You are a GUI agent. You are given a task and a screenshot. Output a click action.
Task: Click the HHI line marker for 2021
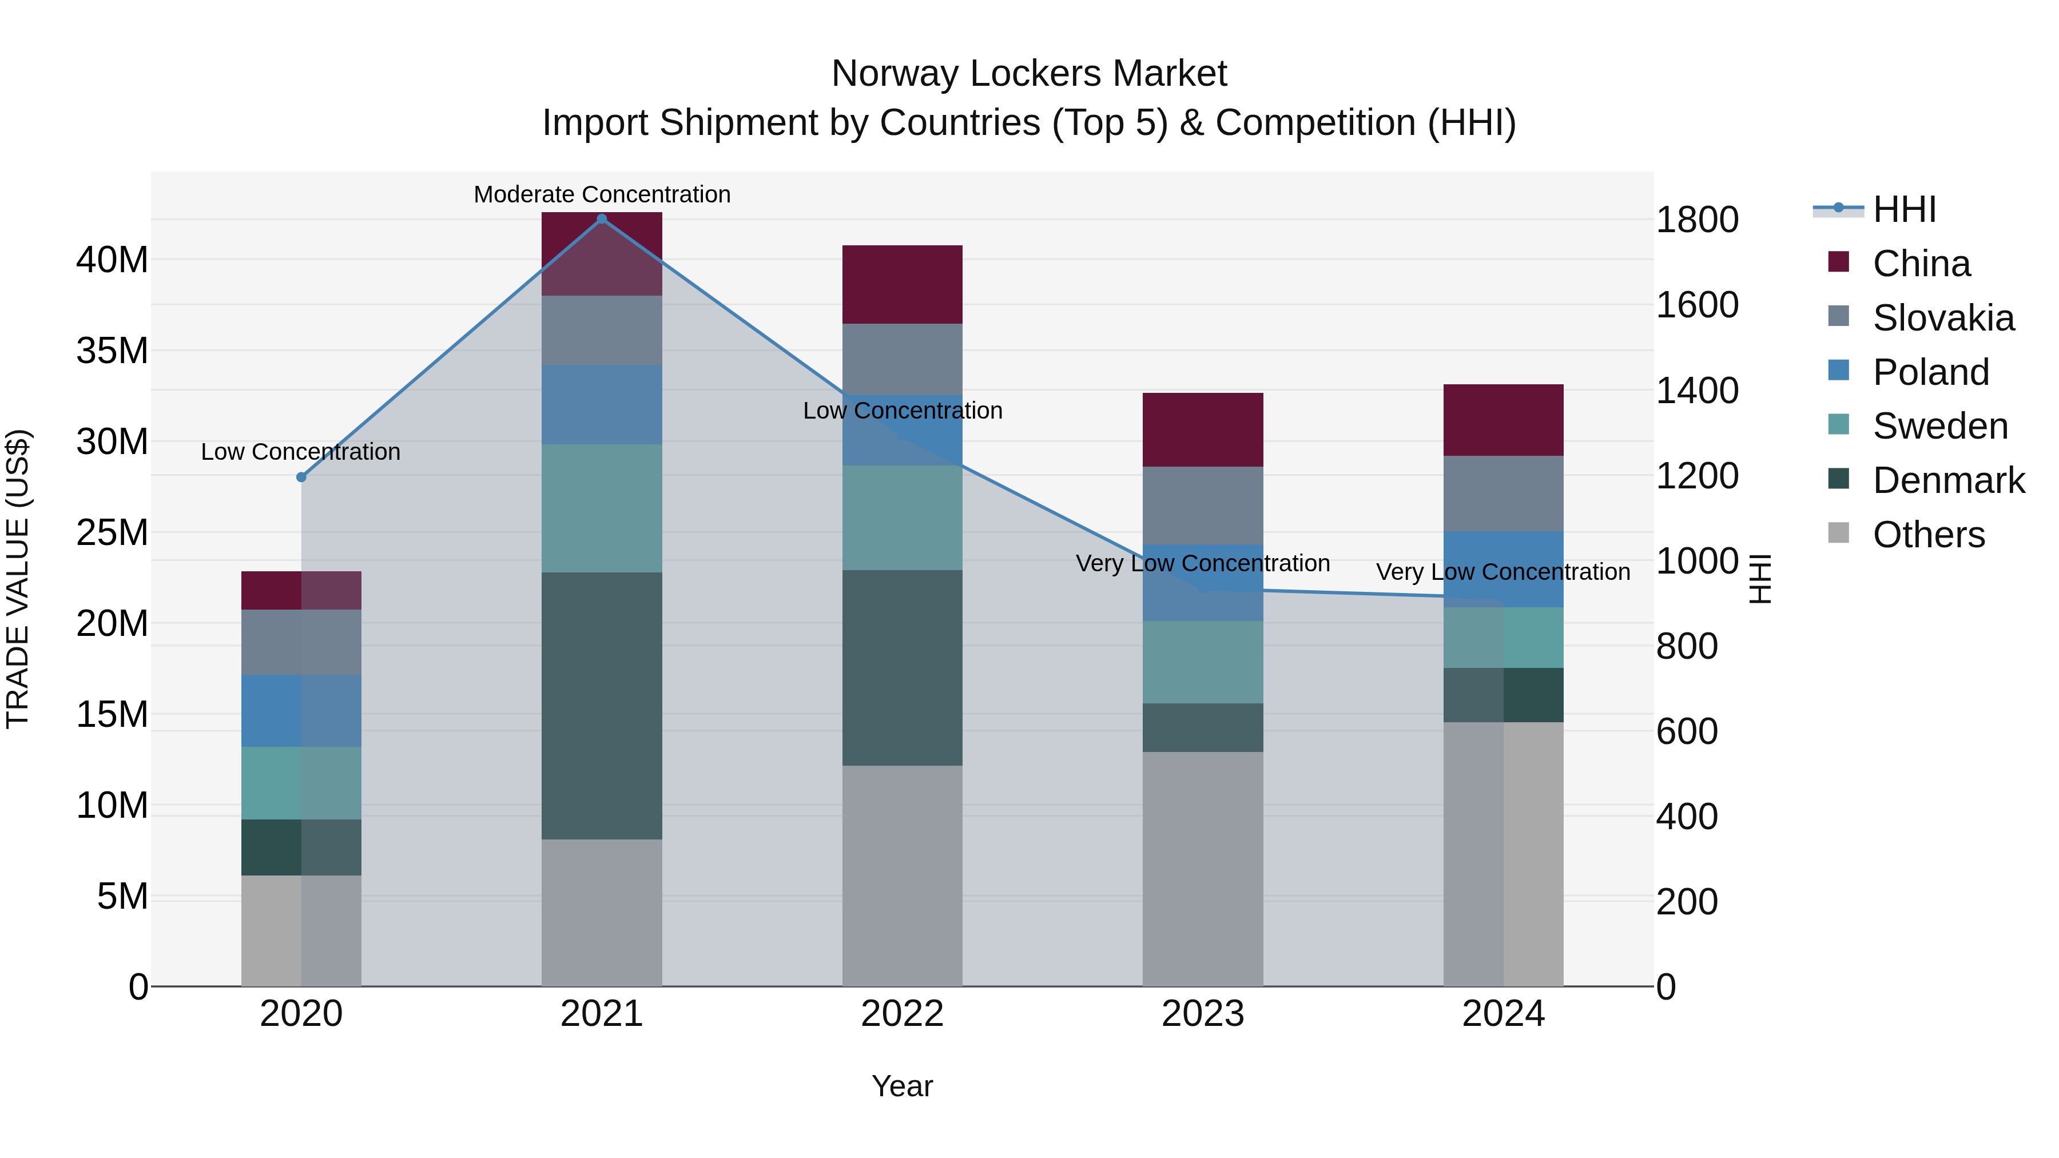[x=602, y=219]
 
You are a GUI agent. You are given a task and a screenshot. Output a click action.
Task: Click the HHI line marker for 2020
[x=301, y=477]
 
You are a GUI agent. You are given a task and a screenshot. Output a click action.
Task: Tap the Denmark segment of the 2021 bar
[x=602, y=705]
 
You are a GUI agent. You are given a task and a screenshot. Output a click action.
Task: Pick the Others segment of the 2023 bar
[x=1202, y=868]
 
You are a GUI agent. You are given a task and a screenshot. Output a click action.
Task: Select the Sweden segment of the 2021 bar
[x=602, y=508]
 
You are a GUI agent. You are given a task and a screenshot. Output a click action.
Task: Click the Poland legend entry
[x=1930, y=372]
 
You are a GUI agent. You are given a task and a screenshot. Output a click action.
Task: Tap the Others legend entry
[x=1928, y=535]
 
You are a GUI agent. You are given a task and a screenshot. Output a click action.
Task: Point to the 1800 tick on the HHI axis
[x=1696, y=220]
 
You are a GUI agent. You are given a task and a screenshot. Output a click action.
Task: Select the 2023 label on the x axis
[x=1202, y=1014]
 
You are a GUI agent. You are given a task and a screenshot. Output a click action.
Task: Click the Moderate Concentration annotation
[x=602, y=194]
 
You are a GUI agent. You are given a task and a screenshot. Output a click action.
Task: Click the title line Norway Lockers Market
[x=1029, y=74]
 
